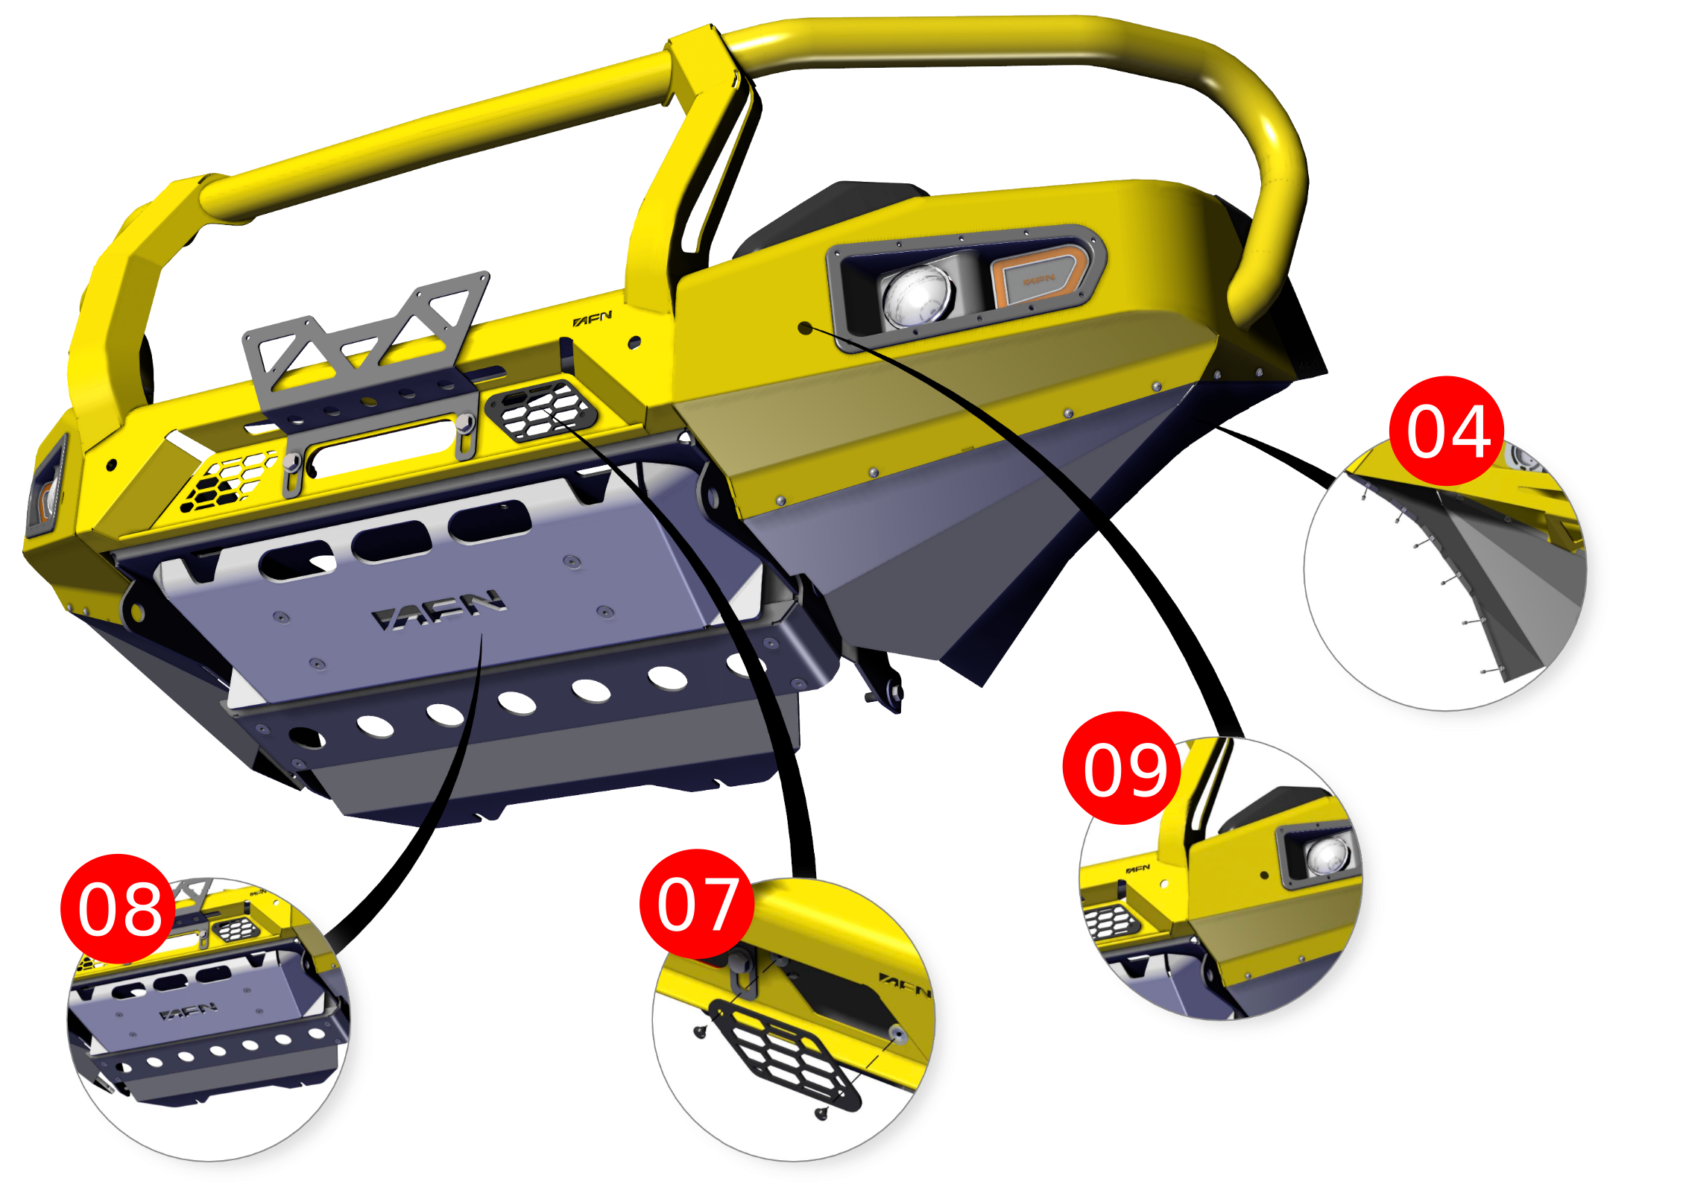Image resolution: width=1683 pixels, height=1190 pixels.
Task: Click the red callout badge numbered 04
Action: pyautogui.click(x=1447, y=431)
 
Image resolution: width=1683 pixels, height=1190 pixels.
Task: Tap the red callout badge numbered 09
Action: pyautogui.click(x=1121, y=768)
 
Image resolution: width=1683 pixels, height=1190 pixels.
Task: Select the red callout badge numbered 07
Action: pyautogui.click(x=697, y=904)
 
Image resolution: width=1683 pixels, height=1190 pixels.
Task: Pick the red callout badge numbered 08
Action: pyautogui.click(x=119, y=908)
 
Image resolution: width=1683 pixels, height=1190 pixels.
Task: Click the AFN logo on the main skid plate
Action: pyautogui.click(x=438, y=610)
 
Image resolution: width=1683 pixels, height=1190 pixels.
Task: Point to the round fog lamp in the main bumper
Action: pyautogui.click(x=918, y=296)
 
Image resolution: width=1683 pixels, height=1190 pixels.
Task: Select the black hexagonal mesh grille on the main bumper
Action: pyautogui.click(x=540, y=409)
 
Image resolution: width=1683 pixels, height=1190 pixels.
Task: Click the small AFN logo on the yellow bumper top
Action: pyautogui.click(x=593, y=319)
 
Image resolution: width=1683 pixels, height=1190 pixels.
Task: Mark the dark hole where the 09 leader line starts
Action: pyautogui.click(x=805, y=327)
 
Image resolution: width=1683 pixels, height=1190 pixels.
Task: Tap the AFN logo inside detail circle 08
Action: pyautogui.click(x=189, y=1012)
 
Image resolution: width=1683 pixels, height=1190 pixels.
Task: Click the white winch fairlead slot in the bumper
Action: pyautogui.click(x=382, y=447)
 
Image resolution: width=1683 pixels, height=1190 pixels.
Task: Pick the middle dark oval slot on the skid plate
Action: pyautogui.click(x=392, y=540)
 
